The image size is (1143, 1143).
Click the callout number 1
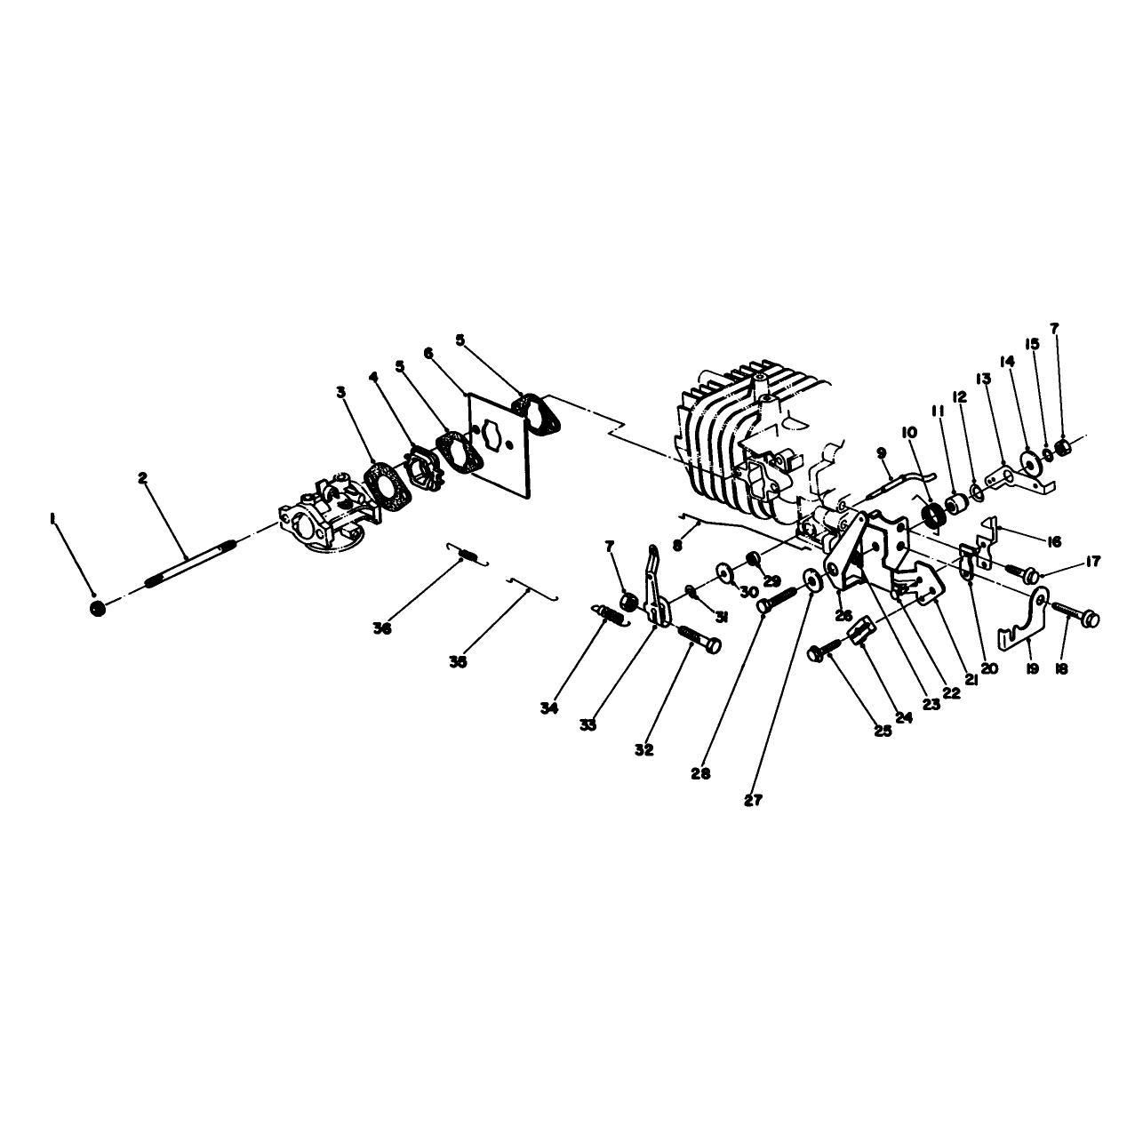(53, 519)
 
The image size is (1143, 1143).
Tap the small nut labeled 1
(98, 608)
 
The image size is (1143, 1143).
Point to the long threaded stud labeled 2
(190, 558)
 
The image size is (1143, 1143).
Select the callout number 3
(340, 392)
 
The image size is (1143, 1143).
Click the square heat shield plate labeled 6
(499, 445)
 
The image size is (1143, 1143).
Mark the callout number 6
(429, 353)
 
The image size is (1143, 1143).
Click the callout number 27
(754, 800)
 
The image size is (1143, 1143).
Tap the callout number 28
(700, 773)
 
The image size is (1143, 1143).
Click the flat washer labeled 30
(724, 571)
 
